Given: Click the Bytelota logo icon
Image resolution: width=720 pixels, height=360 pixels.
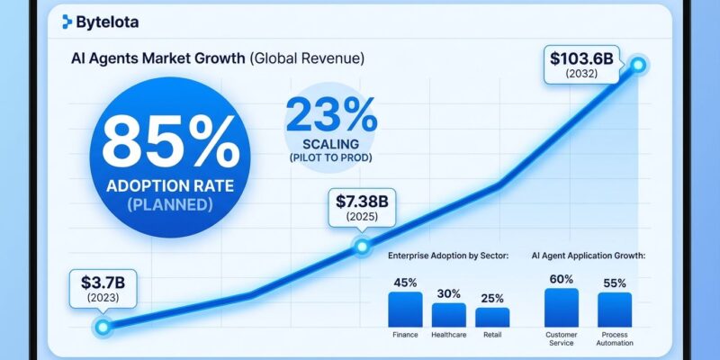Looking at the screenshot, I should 67,22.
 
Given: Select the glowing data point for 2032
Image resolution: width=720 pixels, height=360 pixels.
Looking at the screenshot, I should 638,65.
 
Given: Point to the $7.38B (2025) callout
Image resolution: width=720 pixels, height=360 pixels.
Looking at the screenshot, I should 361,206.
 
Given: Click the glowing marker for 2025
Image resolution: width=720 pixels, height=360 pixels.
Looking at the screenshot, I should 362,245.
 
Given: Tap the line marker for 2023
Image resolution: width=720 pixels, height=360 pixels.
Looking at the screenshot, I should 102,326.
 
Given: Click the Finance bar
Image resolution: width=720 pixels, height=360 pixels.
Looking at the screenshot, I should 405,309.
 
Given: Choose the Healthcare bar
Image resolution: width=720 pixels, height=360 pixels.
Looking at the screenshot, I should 449,314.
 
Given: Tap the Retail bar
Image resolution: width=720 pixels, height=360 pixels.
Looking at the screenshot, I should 492,317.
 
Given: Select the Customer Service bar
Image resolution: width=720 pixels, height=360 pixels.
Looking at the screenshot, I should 562,307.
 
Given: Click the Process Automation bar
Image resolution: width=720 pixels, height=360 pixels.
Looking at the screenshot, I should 615,309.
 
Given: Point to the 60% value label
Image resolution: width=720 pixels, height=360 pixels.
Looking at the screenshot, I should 562,280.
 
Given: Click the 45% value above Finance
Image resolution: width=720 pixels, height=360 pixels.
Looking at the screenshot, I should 405,283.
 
